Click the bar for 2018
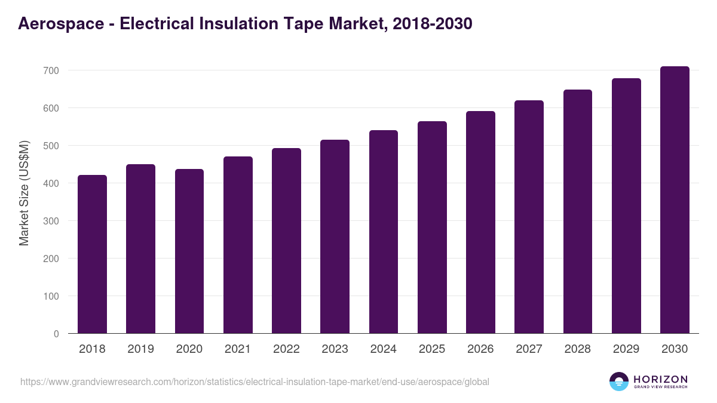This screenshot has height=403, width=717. tap(92, 254)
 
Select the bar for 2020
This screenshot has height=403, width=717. tap(189, 251)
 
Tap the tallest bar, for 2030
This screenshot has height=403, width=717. tap(675, 200)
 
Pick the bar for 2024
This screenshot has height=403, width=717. tap(384, 232)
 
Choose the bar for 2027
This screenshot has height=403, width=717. tap(529, 217)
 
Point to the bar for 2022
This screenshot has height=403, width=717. tap(286, 241)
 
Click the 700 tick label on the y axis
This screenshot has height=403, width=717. tap(51, 70)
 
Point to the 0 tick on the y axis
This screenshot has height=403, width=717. tap(56, 334)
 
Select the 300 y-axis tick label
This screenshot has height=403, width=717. tap(51, 221)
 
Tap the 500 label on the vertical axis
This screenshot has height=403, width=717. tap(51, 146)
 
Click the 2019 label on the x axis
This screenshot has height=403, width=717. tap(140, 349)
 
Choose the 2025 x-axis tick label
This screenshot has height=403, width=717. tap(432, 349)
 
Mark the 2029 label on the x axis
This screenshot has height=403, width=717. tap(626, 349)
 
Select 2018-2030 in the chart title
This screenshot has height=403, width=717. tap(433, 23)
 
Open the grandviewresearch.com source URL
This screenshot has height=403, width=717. tap(255, 382)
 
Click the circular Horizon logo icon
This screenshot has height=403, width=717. tap(619, 382)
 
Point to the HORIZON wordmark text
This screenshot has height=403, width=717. tap(660, 379)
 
